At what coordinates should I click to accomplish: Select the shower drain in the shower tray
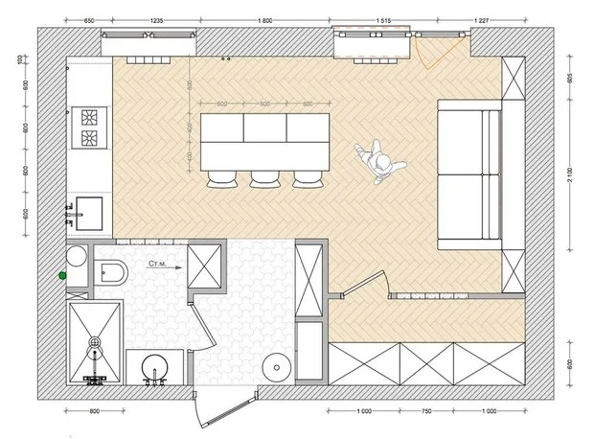point(95,341)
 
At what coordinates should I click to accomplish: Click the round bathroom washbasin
point(152,369)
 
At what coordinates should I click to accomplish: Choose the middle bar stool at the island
point(263,178)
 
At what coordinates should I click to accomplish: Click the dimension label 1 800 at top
point(265,20)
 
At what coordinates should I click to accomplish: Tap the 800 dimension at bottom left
point(93,412)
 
